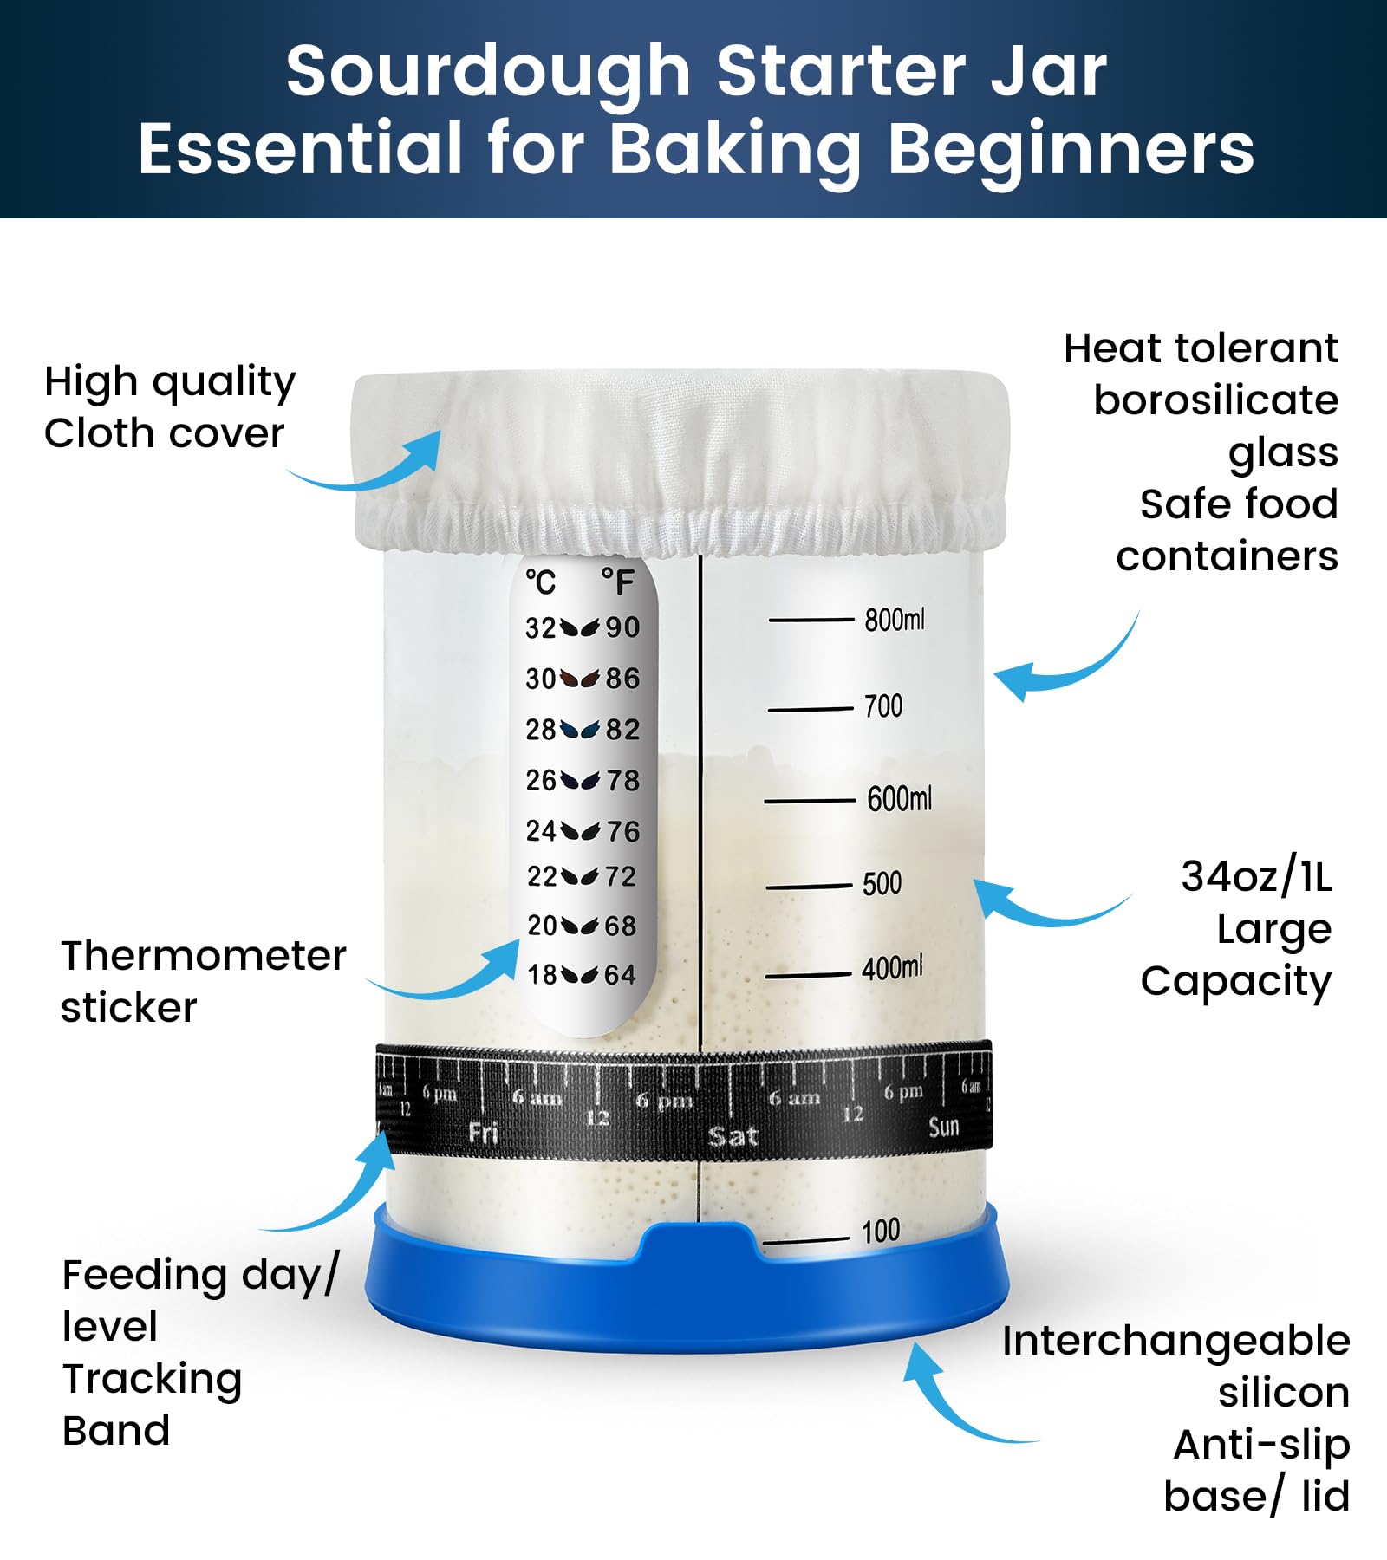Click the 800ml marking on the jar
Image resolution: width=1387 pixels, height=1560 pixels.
tap(894, 620)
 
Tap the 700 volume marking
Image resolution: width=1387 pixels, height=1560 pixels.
tap(882, 706)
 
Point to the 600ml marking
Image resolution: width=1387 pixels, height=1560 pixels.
tap(899, 798)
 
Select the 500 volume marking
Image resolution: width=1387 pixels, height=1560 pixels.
tap(882, 883)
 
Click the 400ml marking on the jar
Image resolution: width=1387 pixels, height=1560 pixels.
tap(892, 967)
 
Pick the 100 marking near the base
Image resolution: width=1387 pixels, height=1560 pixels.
tap(881, 1231)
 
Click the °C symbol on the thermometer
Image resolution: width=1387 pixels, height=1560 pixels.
tap(540, 582)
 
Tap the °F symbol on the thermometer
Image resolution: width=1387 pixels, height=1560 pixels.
tap(617, 582)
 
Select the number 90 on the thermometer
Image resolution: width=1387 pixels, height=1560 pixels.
tap(622, 627)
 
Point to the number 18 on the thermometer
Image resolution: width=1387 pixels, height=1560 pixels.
tap(543, 975)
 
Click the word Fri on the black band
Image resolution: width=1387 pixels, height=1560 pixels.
tap(483, 1132)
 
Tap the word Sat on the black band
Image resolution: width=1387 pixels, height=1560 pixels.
tap(733, 1135)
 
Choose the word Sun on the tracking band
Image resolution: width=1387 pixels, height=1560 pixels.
tap(943, 1127)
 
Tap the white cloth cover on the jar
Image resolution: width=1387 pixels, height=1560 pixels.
tap(680, 459)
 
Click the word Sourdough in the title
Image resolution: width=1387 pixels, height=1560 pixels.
tap(487, 71)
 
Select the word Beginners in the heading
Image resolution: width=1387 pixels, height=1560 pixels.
tap(1071, 149)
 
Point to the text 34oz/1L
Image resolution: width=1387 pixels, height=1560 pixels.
tap(1255, 876)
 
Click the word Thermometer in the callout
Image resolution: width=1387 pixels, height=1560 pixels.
tap(203, 956)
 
